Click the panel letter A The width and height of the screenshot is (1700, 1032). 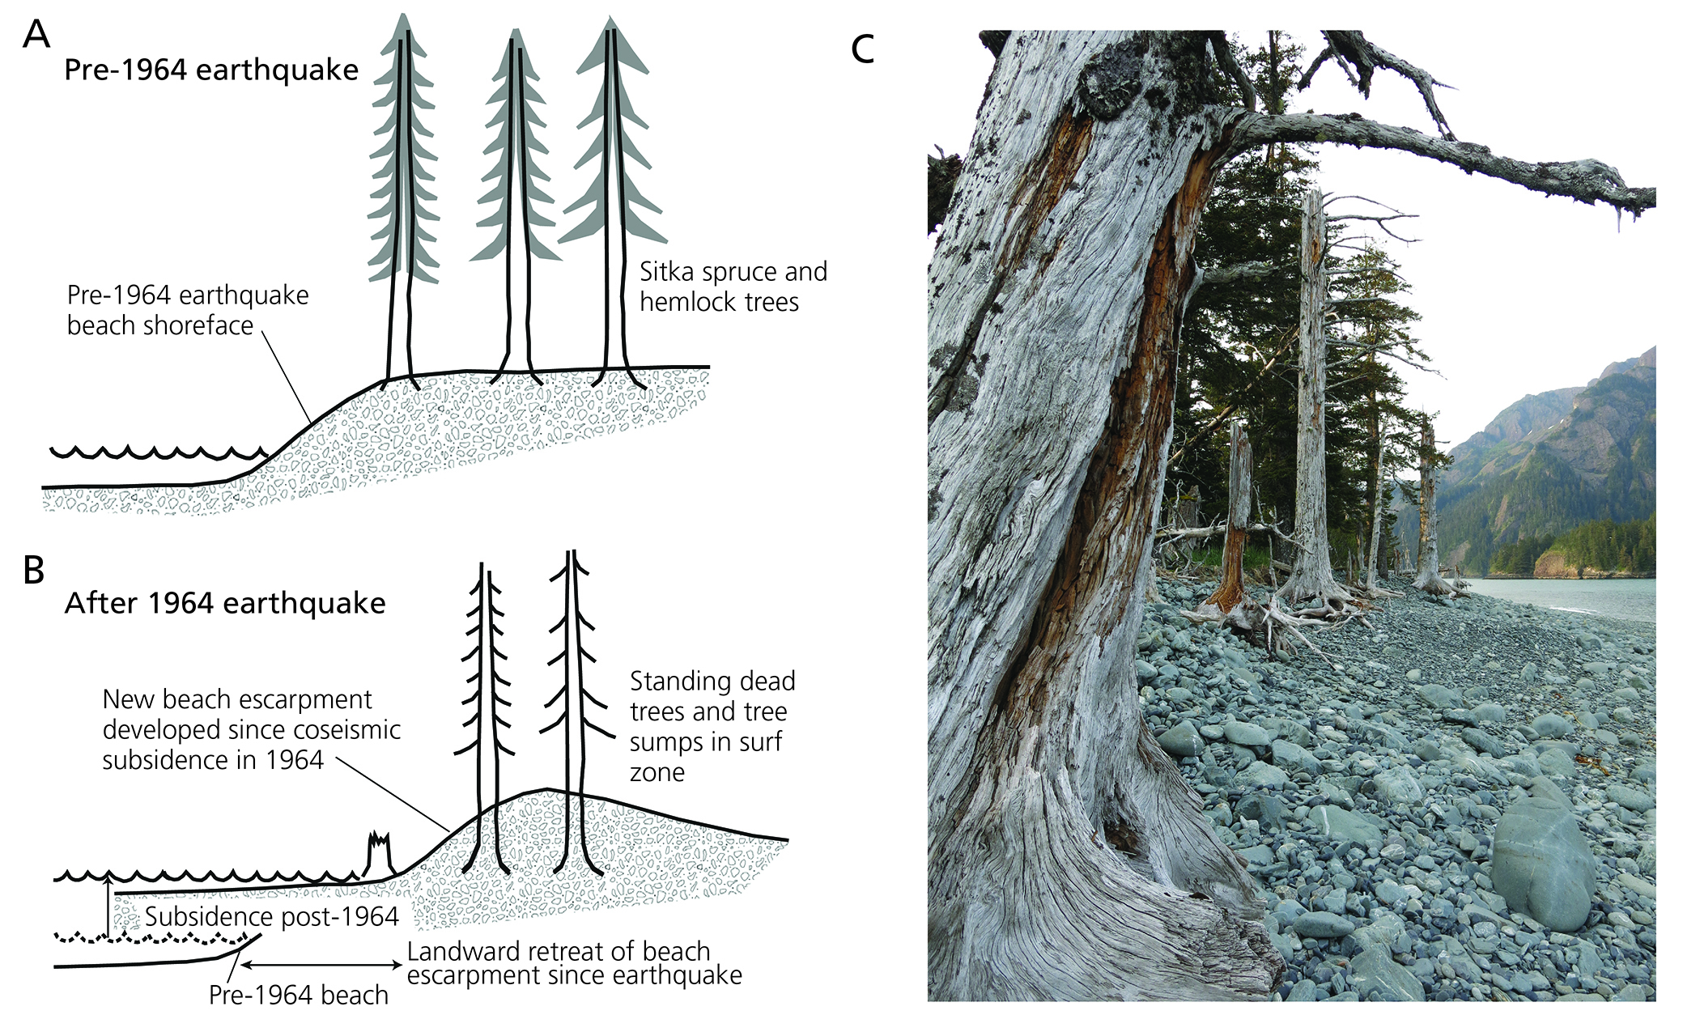point(36,35)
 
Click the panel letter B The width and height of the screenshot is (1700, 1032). point(34,571)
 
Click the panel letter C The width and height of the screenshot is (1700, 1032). point(863,49)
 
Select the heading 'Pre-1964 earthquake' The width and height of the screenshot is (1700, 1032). point(211,70)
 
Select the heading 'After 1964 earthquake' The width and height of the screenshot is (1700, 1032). point(225,604)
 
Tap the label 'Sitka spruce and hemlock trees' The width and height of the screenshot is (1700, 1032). point(733,287)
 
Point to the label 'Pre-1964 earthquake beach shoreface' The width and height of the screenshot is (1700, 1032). point(187,310)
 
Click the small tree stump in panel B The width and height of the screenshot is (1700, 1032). point(379,852)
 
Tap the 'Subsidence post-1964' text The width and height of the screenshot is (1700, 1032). point(271,917)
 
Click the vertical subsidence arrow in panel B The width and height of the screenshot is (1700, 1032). point(108,906)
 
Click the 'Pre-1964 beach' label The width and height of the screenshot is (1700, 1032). point(298,995)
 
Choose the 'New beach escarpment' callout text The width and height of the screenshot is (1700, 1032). point(250,729)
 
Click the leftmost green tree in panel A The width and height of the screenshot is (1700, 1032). point(403,162)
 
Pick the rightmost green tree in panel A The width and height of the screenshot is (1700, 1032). point(613,146)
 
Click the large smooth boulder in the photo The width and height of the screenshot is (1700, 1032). point(1542,862)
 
